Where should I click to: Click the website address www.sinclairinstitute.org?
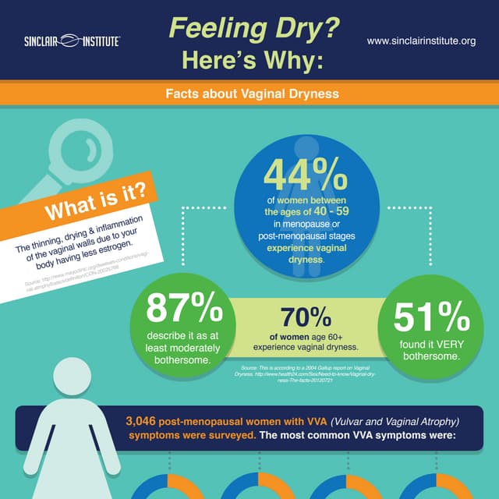pyautogui.click(x=420, y=41)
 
